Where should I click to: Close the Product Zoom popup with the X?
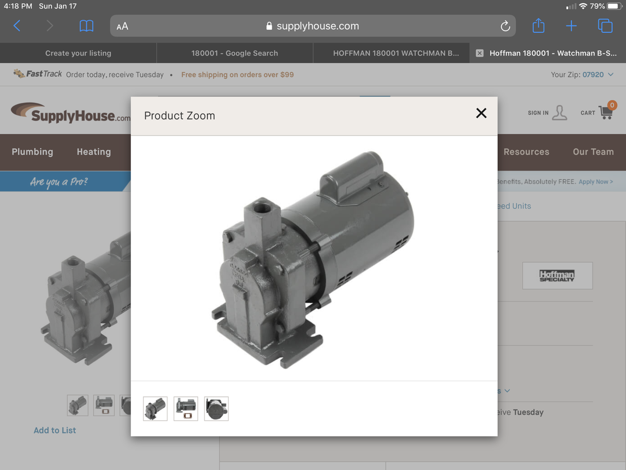pos(481,113)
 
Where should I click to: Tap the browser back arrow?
pos(17,26)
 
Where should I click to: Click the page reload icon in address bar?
pos(504,26)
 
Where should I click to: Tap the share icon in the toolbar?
pos(538,26)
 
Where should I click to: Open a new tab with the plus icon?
pos(571,26)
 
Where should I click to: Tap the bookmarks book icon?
pos(86,26)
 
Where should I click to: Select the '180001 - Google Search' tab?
pos(235,53)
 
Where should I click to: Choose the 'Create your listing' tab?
pos(78,53)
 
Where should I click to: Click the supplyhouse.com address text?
pos(317,26)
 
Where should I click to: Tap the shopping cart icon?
pos(605,112)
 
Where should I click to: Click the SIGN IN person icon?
pos(559,112)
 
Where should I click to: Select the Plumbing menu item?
pos(32,152)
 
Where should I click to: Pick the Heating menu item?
pos(94,152)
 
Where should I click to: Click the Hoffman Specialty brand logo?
pos(557,275)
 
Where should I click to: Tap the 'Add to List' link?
pos(55,430)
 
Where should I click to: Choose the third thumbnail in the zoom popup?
pos(216,409)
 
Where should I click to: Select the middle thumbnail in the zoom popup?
pos(186,409)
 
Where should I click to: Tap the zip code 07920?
pos(593,75)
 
